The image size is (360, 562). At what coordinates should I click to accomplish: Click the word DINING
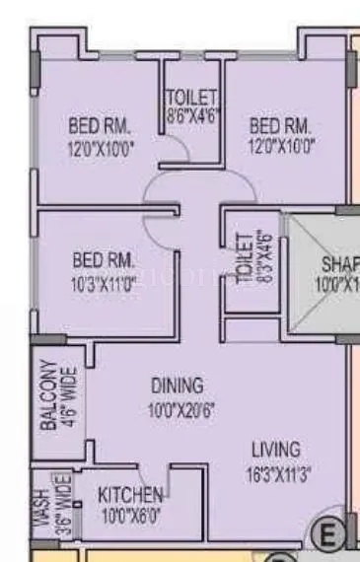177,385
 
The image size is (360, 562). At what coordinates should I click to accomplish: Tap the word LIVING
275,450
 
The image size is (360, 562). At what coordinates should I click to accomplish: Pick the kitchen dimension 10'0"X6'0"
130,514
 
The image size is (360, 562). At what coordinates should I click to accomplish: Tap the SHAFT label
339,265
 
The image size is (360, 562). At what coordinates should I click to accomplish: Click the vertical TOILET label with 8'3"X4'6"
243,259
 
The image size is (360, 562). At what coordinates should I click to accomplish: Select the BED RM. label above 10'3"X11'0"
104,261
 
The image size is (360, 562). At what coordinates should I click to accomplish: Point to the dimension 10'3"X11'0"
104,282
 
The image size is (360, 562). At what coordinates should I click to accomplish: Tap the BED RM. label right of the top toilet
280,126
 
